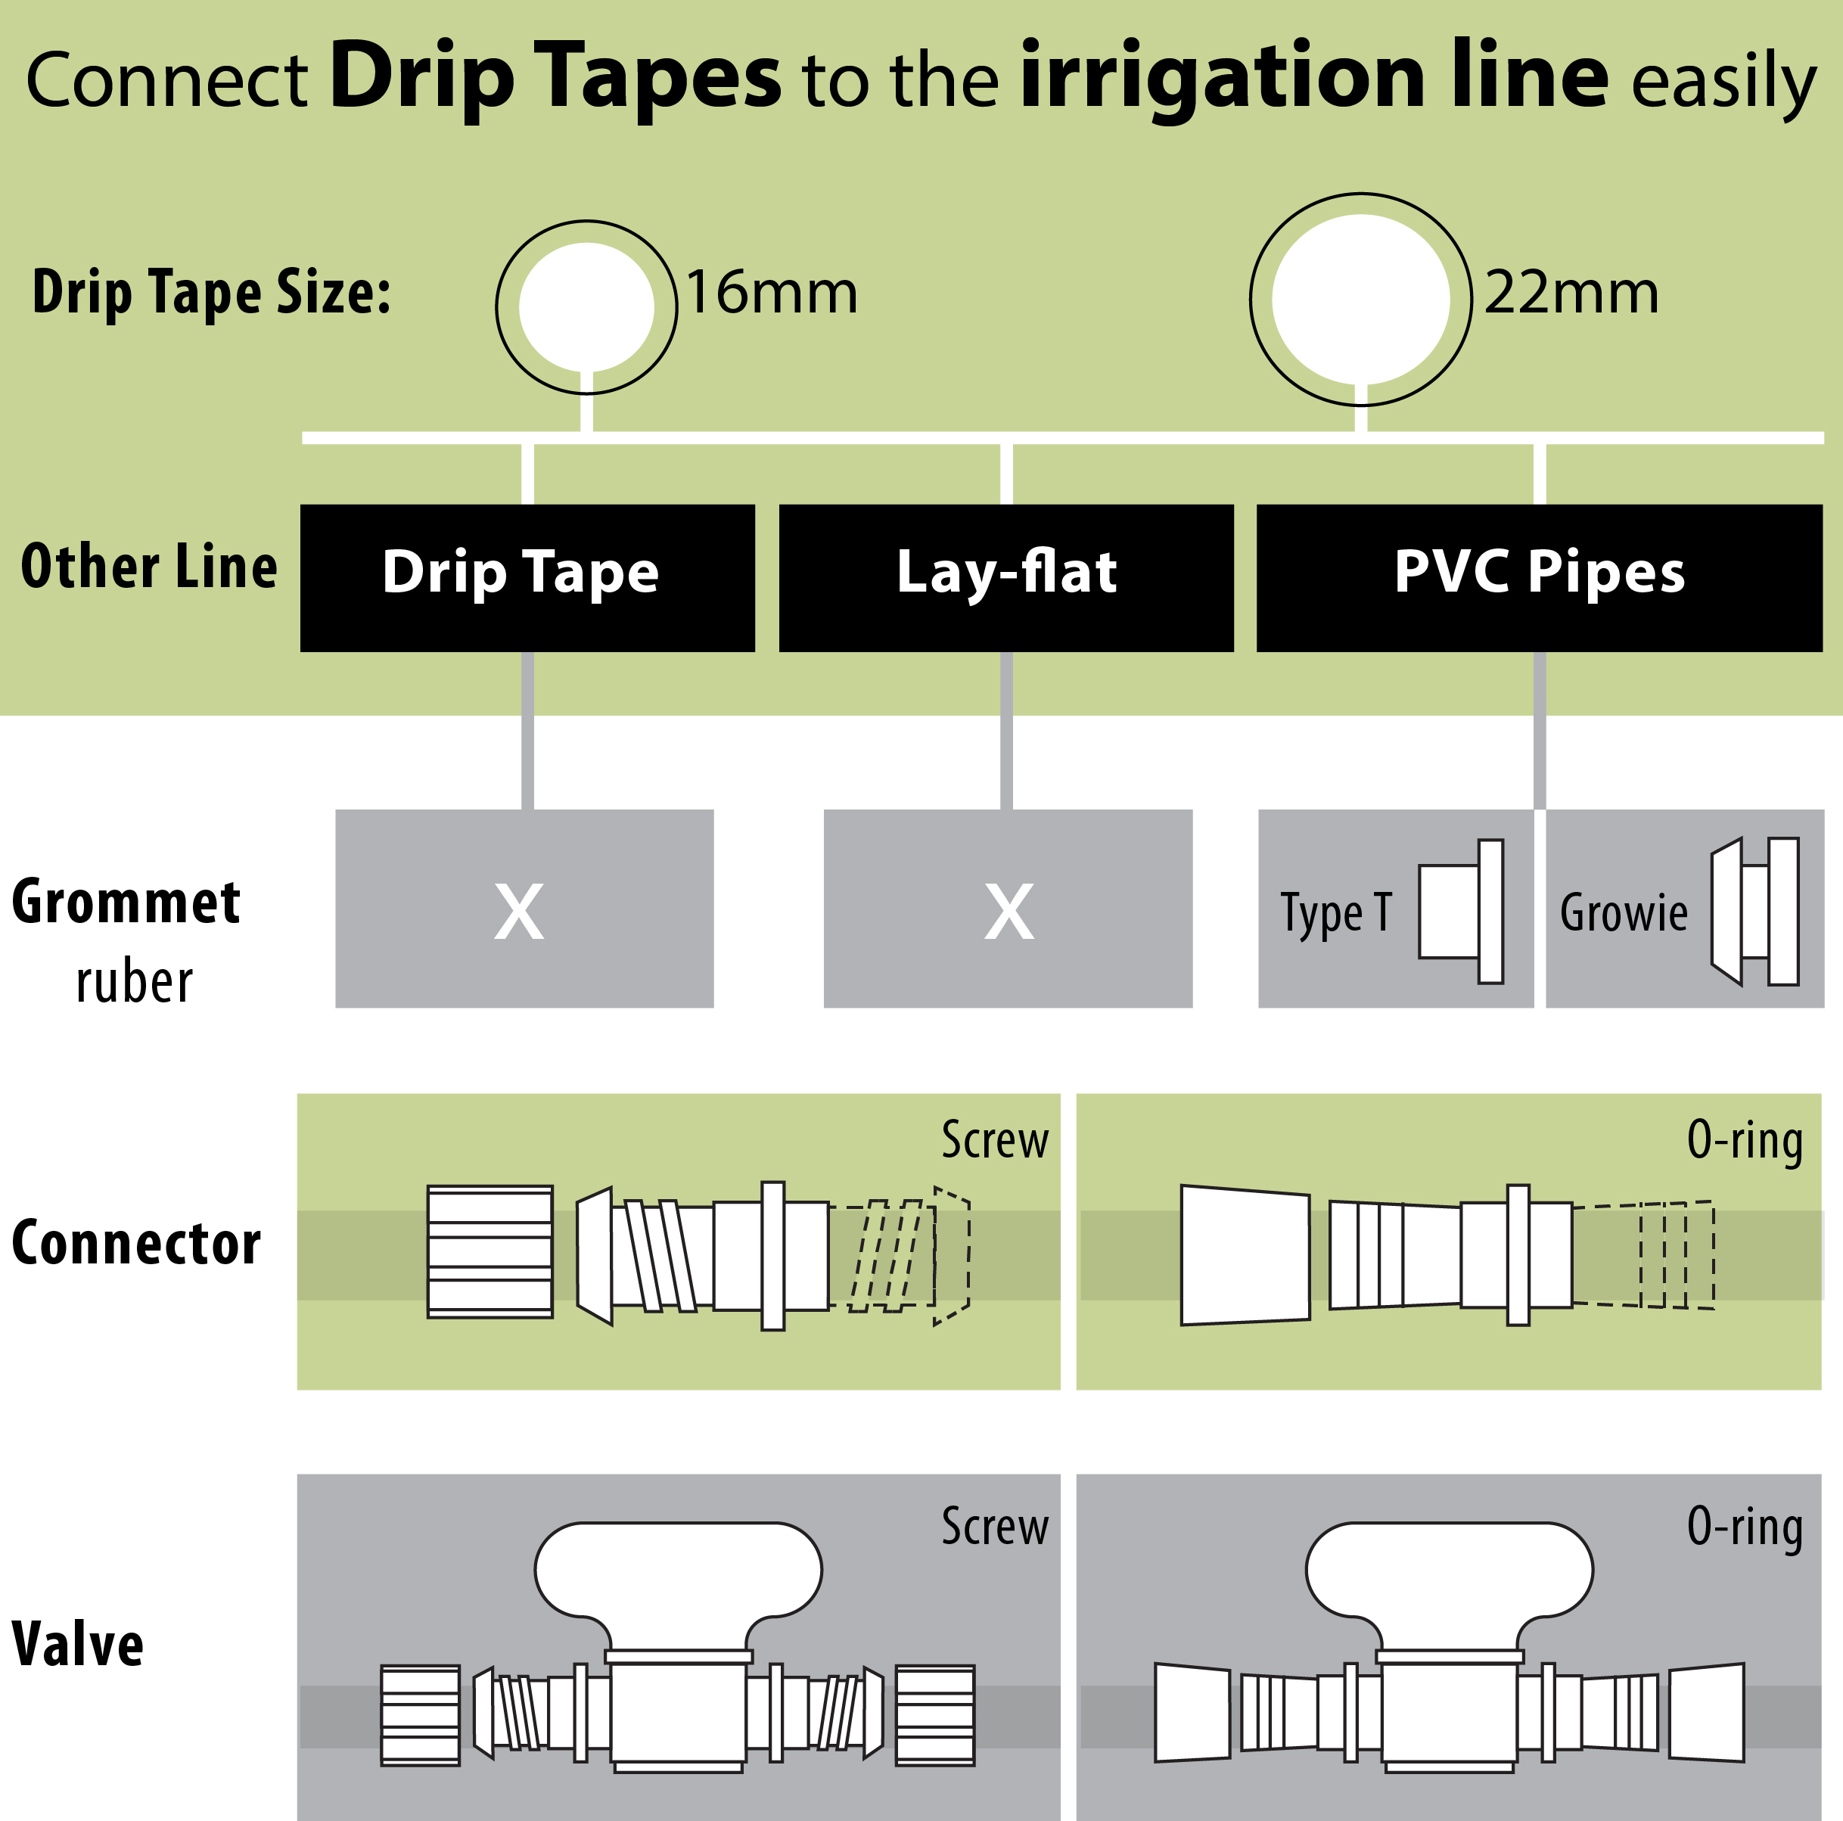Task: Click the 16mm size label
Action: (x=771, y=292)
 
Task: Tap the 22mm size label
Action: (x=1571, y=292)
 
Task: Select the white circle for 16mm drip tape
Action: (x=586, y=307)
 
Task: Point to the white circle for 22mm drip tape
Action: (x=1360, y=300)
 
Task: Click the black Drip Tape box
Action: (x=527, y=578)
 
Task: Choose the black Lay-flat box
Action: (x=1005, y=578)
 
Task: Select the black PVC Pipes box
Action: (x=1539, y=578)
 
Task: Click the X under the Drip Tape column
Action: (x=519, y=911)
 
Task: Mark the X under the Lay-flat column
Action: (x=1009, y=911)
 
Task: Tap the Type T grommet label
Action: (x=1335, y=913)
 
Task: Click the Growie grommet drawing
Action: (x=1754, y=911)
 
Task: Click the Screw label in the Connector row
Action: (x=994, y=1140)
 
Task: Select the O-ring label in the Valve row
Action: (x=1744, y=1526)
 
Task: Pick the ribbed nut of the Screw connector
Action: (x=489, y=1251)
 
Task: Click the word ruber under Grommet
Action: (x=134, y=983)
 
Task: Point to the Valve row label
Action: (x=77, y=1645)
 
